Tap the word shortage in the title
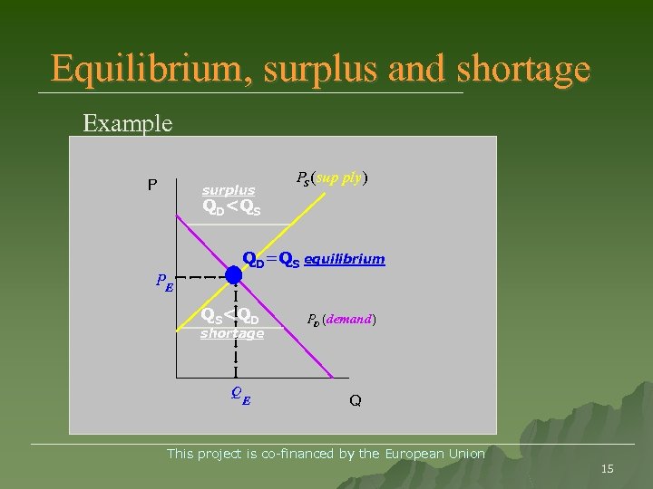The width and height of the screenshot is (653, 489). (523, 69)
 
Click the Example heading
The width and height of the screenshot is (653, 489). (127, 122)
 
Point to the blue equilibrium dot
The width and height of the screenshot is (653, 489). (234, 274)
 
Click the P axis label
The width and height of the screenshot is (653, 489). (153, 185)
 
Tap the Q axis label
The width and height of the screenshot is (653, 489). (355, 400)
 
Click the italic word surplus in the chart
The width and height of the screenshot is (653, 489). (229, 190)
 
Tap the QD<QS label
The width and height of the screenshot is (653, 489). (231, 208)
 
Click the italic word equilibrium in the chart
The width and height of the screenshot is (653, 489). (344, 259)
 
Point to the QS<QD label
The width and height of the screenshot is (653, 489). (229, 318)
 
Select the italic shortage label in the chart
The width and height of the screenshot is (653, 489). (231, 333)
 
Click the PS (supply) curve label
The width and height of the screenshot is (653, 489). (331, 179)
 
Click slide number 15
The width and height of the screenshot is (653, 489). (608, 468)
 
